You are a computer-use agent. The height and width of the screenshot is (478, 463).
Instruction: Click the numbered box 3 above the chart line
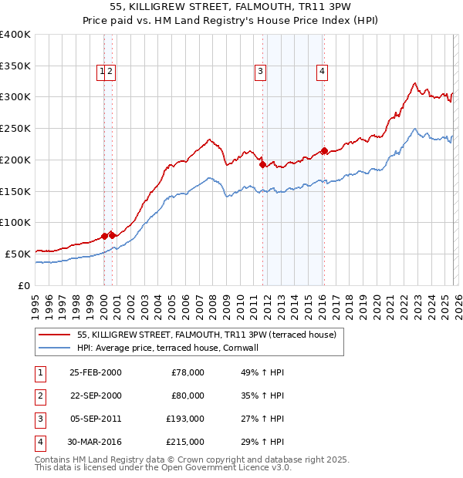pyautogui.click(x=261, y=72)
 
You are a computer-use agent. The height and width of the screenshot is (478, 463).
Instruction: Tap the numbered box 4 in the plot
pyautogui.click(x=322, y=72)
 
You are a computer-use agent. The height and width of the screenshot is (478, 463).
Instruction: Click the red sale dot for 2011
pyautogui.click(x=262, y=164)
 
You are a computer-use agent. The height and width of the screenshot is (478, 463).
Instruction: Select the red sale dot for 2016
pyautogui.click(x=324, y=150)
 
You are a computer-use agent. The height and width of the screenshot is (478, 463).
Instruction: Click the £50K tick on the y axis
pyautogui.click(x=18, y=254)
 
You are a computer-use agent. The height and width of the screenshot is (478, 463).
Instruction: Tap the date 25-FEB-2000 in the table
pyautogui.click(x=95, y=372)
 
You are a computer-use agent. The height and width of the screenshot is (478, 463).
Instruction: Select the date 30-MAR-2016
pyautogui.click(x=95, y=442)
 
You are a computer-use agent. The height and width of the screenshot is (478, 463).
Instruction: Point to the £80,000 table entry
pyautogui.click(x=188, y=396)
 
